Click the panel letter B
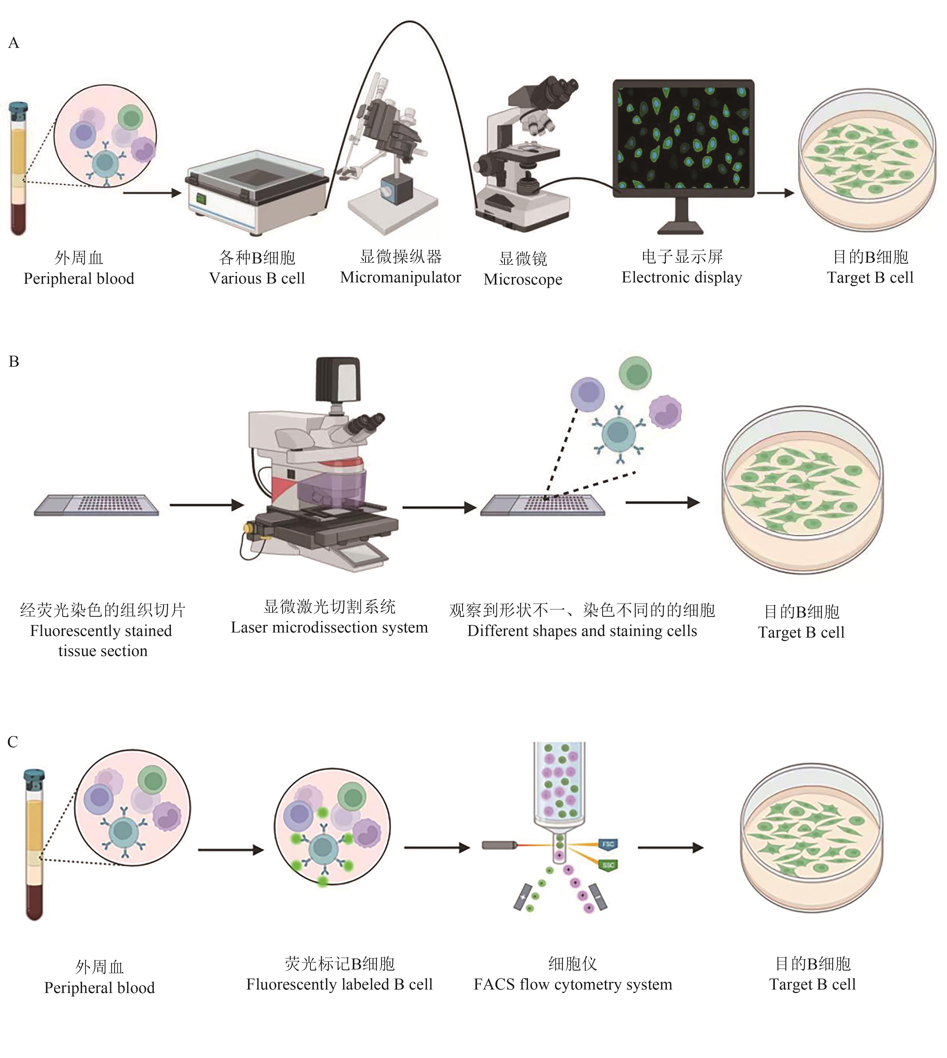tap(14, 361)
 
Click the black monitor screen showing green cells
tap(683, 138)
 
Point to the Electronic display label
tap(682, 278)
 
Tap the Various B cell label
tap(257, 279)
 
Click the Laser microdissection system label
tap(329, 627)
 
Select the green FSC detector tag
tap(608, 865)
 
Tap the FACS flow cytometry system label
tap(572, 984)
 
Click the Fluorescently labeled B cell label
tap(339, 984)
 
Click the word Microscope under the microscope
tap(523, 279)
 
